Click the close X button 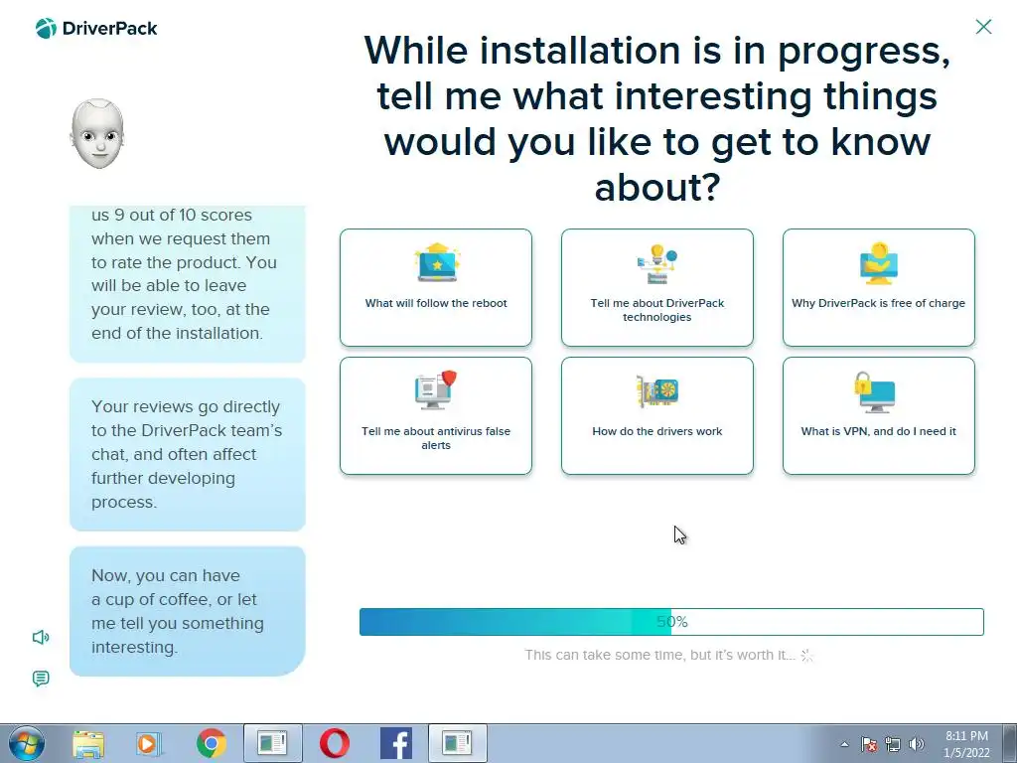tap(983, 27)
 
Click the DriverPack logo tap(96, 29)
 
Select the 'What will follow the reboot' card tap(436, 287)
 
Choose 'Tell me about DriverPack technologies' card tap(657, 287)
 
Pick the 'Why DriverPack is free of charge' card tap(879, 287)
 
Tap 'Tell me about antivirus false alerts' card tap(436, 416)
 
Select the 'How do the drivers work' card tap(657, 416)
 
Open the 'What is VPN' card tap(879, 416)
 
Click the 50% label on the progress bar tap(672, 622)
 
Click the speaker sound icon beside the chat tap(41, 637)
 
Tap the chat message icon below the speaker tap(40, 679)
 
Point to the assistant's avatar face tap(97, 134)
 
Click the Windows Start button tap(27, 743)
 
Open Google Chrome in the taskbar tap(211, 743)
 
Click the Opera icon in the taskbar tap(335, 743)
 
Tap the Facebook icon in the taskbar tap(395, 743)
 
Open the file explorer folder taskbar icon tap(88, 744)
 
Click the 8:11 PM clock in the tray tap(966, 736)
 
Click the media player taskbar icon tap(149, 743)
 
